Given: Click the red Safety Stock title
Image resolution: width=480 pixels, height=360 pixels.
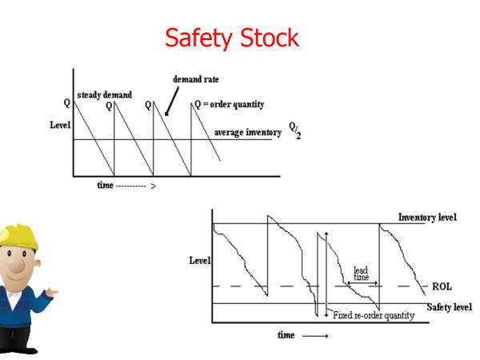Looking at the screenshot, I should (x=232, y=38).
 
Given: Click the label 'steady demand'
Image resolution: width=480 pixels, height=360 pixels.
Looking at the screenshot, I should (x=104, y=95).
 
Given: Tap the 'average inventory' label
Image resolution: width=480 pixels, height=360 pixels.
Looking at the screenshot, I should (x=247, y=132).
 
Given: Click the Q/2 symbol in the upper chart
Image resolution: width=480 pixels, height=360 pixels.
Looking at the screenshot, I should (x=294, y=130).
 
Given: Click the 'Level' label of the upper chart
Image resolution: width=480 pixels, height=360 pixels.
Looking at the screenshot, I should (x=59, y=126).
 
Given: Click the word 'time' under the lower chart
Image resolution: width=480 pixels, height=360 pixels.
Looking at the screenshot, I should (x=286, y=334).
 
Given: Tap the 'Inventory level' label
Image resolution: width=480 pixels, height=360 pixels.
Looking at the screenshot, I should (x=428, y=218).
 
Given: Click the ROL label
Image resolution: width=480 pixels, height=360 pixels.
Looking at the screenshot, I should (x=442, y=286).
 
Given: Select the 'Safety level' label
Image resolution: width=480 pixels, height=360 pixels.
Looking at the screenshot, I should (x=448, y=307).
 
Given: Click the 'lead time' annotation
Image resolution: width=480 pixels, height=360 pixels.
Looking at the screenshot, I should (x=361, y=274).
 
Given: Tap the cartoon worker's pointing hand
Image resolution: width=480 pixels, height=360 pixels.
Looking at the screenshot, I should (x=51, y=293).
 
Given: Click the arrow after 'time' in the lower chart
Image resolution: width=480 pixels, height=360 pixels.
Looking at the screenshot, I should (x=315, y=335).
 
